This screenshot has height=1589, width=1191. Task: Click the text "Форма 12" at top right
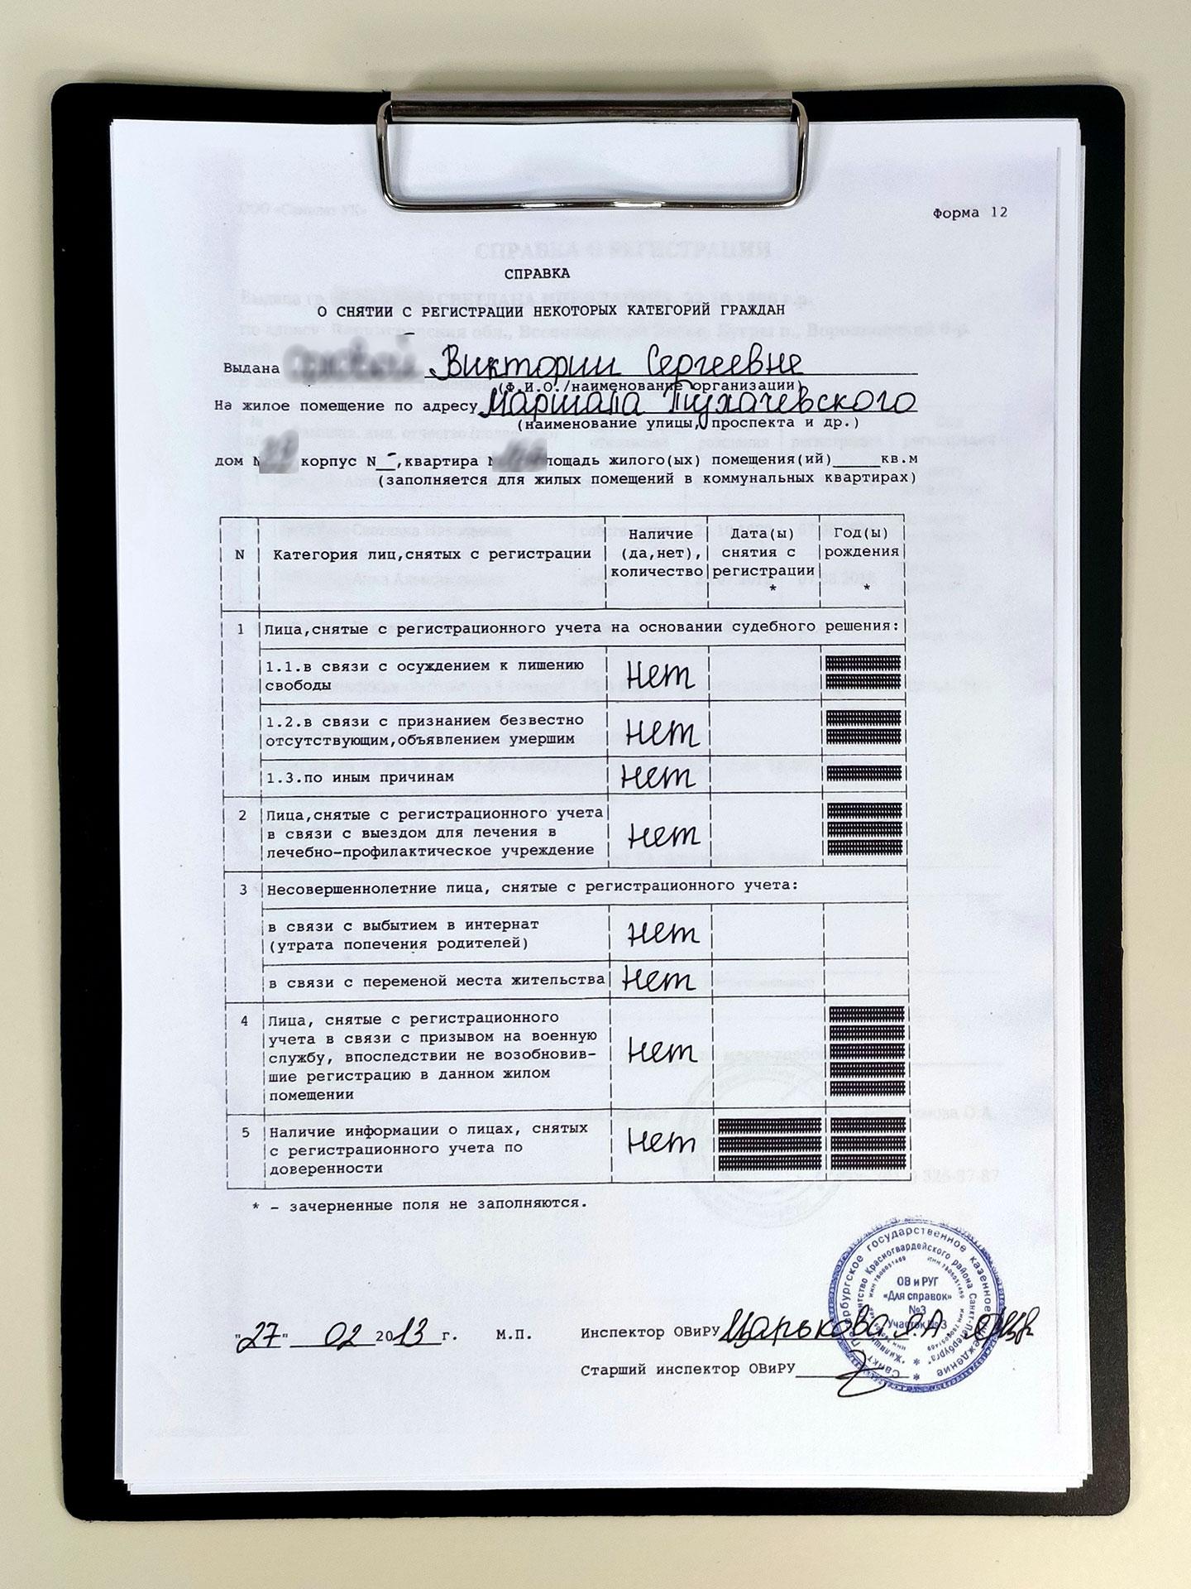970,212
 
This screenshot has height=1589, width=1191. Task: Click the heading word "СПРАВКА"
537,272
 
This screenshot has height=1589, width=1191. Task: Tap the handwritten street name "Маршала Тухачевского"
699,403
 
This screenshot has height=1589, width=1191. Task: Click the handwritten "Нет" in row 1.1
659,676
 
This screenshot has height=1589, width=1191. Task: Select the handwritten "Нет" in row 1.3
658,776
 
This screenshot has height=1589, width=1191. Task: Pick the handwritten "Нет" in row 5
661,1143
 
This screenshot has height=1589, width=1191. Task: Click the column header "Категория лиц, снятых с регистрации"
433,554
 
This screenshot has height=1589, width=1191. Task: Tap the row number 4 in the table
244,1020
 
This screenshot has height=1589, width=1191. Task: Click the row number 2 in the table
242,815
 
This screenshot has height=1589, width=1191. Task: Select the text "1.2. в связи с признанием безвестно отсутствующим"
424,729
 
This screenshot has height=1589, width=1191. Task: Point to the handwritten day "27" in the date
261,1334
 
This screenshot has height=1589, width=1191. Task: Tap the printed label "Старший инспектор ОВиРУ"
686,1370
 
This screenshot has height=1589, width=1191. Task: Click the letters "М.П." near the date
514,1335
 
